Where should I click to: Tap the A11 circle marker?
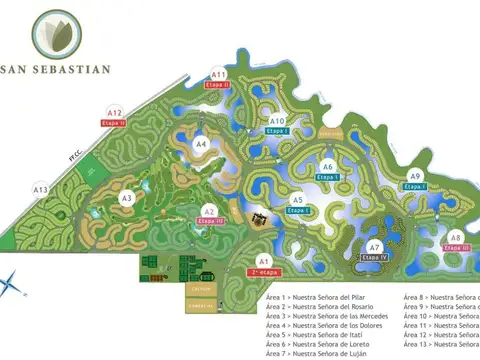[219, 74]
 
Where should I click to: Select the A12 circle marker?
[115, 113]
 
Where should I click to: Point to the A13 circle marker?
[41, 188]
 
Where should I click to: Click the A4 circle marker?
[200, 144]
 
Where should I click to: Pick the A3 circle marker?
[127, 198]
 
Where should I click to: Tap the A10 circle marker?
[278, 121]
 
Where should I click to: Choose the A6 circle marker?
[327, 166]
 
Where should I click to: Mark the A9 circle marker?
[415, 176]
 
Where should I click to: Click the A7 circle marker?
[375, 247]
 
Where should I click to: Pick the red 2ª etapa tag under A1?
[265, 272]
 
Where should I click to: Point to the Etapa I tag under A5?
[298, 211]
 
